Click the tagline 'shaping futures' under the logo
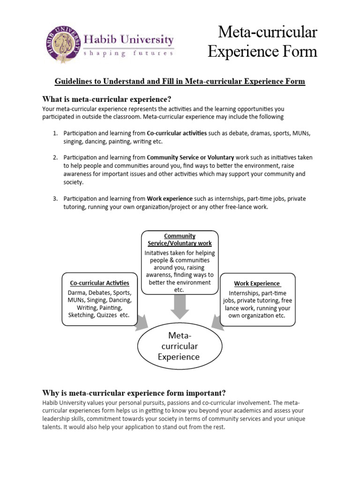tap(128, 53)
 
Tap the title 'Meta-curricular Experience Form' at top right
tap(262, 42)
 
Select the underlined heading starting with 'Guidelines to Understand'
tap(180, 82)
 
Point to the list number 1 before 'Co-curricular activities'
tap(55, 133)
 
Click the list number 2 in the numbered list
tap(55, 157)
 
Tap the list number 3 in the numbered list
tap(55, 199)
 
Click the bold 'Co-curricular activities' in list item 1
tap(176, 133)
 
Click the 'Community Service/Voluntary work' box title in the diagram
tap(180, 240)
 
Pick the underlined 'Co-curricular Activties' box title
tap(99, 283)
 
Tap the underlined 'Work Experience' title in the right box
tap(257, 284)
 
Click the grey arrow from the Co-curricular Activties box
tap(142, 322)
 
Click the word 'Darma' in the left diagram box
tap(77, 292)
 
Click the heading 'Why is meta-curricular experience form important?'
tap(134, 392)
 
